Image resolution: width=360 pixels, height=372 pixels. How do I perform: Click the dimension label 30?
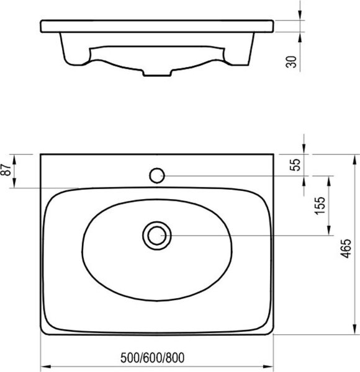coord(291,62)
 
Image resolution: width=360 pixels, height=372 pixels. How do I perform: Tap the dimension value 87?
coord(6,169)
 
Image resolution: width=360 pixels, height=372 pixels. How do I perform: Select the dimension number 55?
coord(295,165)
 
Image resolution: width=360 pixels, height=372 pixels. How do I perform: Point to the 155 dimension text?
coord(320,205)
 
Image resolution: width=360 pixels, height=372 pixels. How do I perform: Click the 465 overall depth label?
coord(346,248)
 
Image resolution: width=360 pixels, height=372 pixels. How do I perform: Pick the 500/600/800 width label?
coord(152,358)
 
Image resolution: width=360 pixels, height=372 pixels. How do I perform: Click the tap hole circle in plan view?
coord(157,175)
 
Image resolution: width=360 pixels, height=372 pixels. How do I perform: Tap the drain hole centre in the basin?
coord(157,236)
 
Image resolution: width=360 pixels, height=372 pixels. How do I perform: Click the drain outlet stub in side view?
coord(157,73)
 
